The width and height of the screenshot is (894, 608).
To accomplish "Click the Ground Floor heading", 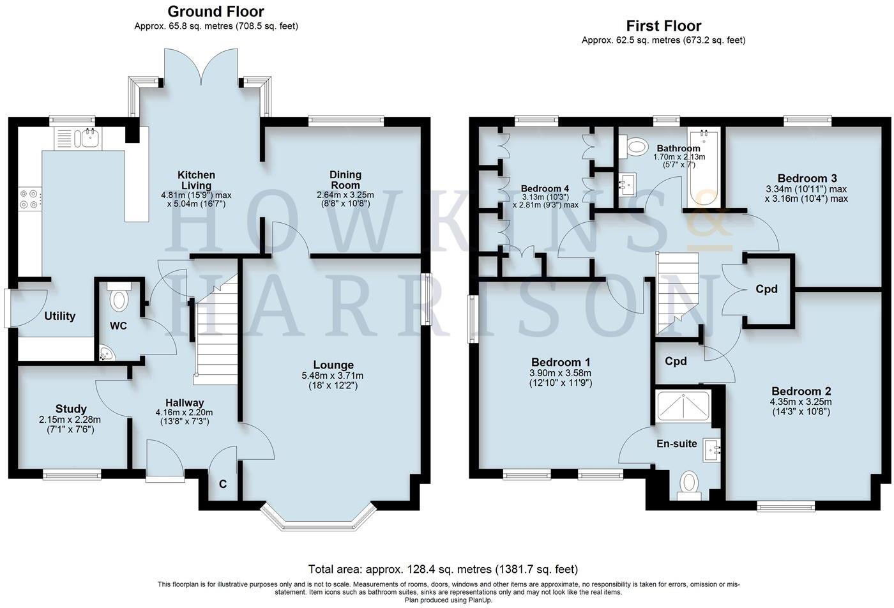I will click(x=215, y=11).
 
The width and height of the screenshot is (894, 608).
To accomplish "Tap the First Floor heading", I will click(x=663, y=26).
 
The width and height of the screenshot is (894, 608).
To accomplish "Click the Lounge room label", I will click(x=328, y=365).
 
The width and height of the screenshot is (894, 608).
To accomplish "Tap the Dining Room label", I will click(x=345, y=179).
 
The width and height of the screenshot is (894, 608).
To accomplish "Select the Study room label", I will click(x=70, y=409).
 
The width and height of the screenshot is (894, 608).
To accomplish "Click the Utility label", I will click(x=60, y=316).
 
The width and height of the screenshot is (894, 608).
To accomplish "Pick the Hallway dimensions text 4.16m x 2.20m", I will click(x=185, y=413).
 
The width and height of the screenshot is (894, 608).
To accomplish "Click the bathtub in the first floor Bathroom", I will click(x=704, y=167).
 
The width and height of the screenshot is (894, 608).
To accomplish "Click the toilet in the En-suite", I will click(x=688, y=485).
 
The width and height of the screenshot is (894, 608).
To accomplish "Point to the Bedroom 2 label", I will click(x=801, y=391).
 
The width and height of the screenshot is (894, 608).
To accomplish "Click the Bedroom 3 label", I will click(x=807, y=178).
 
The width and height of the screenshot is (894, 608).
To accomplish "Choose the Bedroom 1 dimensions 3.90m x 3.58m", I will click(x=560, y=374).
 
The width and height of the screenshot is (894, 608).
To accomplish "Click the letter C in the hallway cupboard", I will click(x=223, y=484).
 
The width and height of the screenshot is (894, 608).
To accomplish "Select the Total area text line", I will click(x=443, y=568).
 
